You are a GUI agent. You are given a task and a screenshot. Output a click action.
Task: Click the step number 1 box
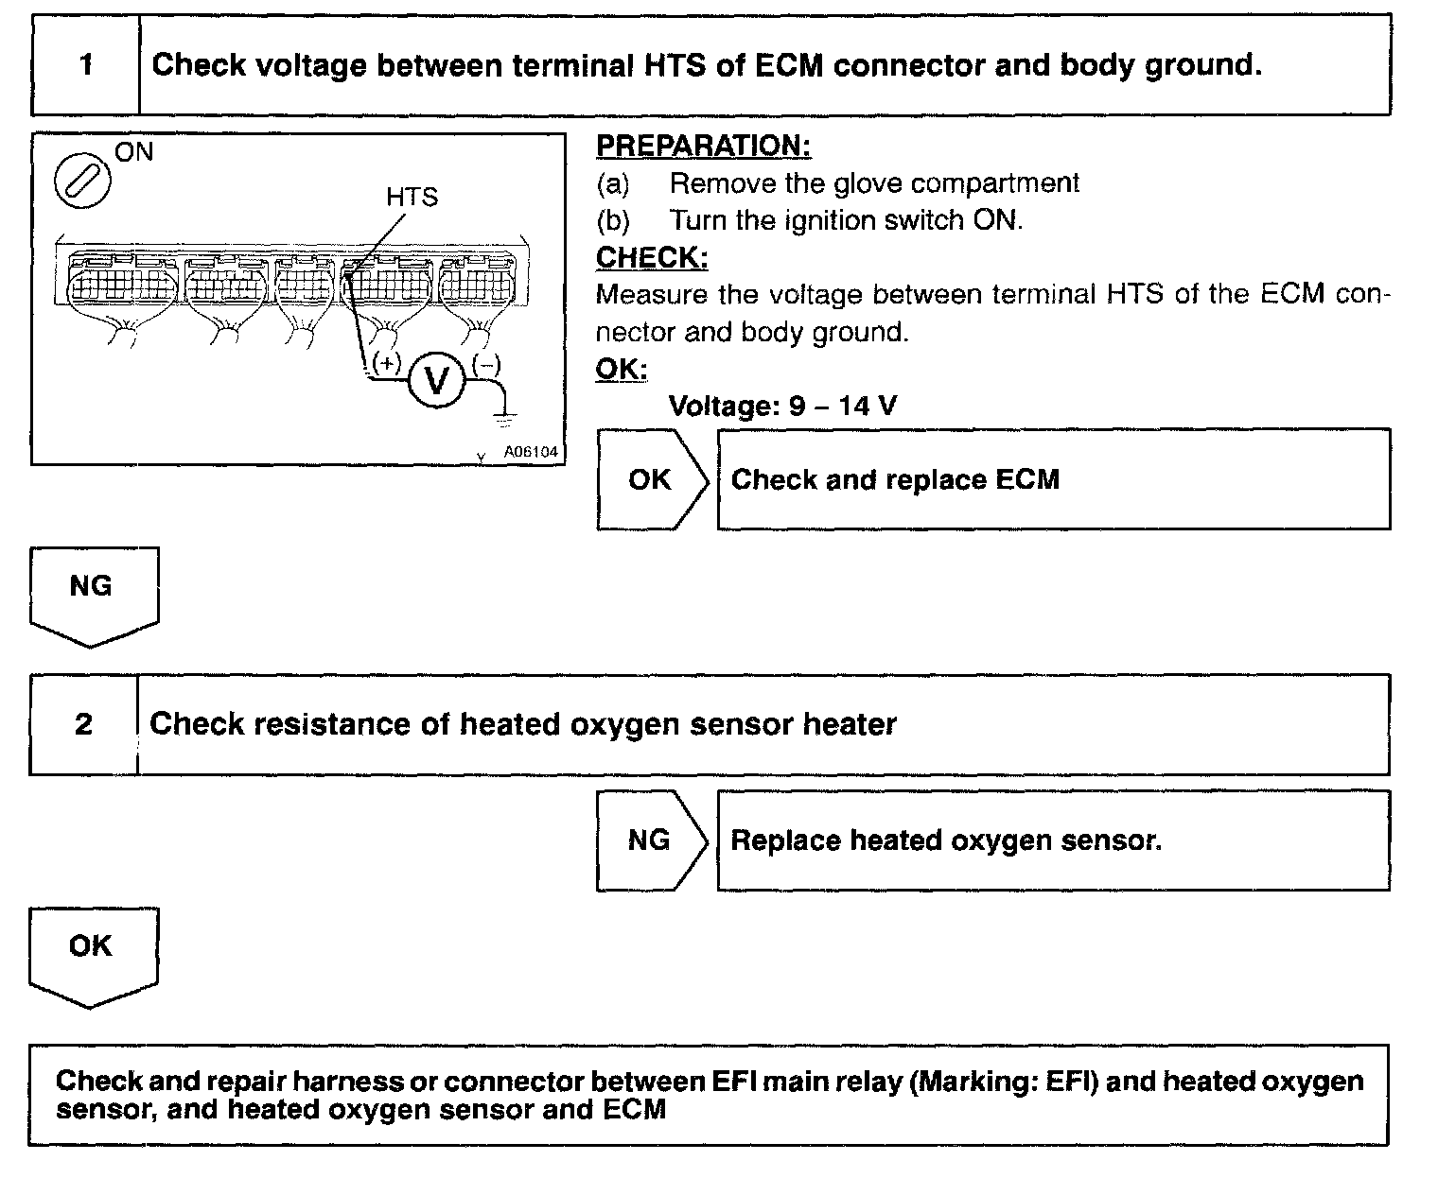click(x=86, y=65)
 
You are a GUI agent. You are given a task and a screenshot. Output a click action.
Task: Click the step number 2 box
click(x=84, y=724)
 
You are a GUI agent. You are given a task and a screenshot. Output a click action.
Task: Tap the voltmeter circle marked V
click(x=436, y=380)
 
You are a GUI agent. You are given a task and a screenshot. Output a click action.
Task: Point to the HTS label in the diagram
click(x=412, y=198)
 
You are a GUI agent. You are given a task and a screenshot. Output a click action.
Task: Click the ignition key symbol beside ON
click(x=82, y=180)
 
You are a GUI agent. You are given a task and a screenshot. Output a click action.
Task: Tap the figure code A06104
click(x=531, y=452)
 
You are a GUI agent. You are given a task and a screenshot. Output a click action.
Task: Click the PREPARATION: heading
click(x=703, y=147)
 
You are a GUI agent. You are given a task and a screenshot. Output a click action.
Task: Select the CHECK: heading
click(x=652, y=257)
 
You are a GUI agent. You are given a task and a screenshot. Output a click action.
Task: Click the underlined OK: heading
click(x=621, y=369)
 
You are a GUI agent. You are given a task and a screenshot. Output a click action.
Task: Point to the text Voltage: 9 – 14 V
click(x=782, y=407)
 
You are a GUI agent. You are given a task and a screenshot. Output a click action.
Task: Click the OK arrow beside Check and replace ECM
click(x=651, y=479)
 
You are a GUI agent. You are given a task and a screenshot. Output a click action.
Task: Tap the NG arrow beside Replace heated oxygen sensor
click(x=651, y=840)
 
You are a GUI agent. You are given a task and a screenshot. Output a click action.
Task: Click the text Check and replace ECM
click(x=895, y=479)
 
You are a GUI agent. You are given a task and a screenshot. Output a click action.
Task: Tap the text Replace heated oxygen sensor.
click(x=945, y=840)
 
